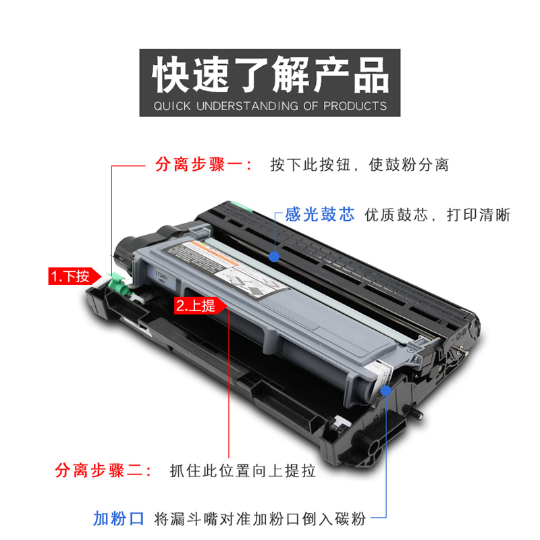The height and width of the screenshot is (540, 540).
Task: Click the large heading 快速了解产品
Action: pos(270,74)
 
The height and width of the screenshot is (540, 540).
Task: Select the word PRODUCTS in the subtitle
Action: pos(355,106)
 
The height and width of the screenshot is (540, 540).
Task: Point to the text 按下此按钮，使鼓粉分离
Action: pos(359,165)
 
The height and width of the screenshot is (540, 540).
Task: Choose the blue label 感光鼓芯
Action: pos(319,215)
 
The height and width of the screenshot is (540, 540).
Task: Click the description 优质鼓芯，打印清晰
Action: pos(437,215)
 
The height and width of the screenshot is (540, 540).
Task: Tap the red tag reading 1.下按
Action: pos(70,275)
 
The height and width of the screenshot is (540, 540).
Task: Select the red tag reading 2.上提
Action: pos(195,305)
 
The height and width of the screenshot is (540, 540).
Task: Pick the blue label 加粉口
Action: pos(119,518)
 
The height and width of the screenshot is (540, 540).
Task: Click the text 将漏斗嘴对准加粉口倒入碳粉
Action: pos(259,518)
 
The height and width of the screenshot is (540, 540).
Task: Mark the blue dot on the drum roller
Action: pos(274,256)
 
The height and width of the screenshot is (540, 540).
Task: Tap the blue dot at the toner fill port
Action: pos(385,390)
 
